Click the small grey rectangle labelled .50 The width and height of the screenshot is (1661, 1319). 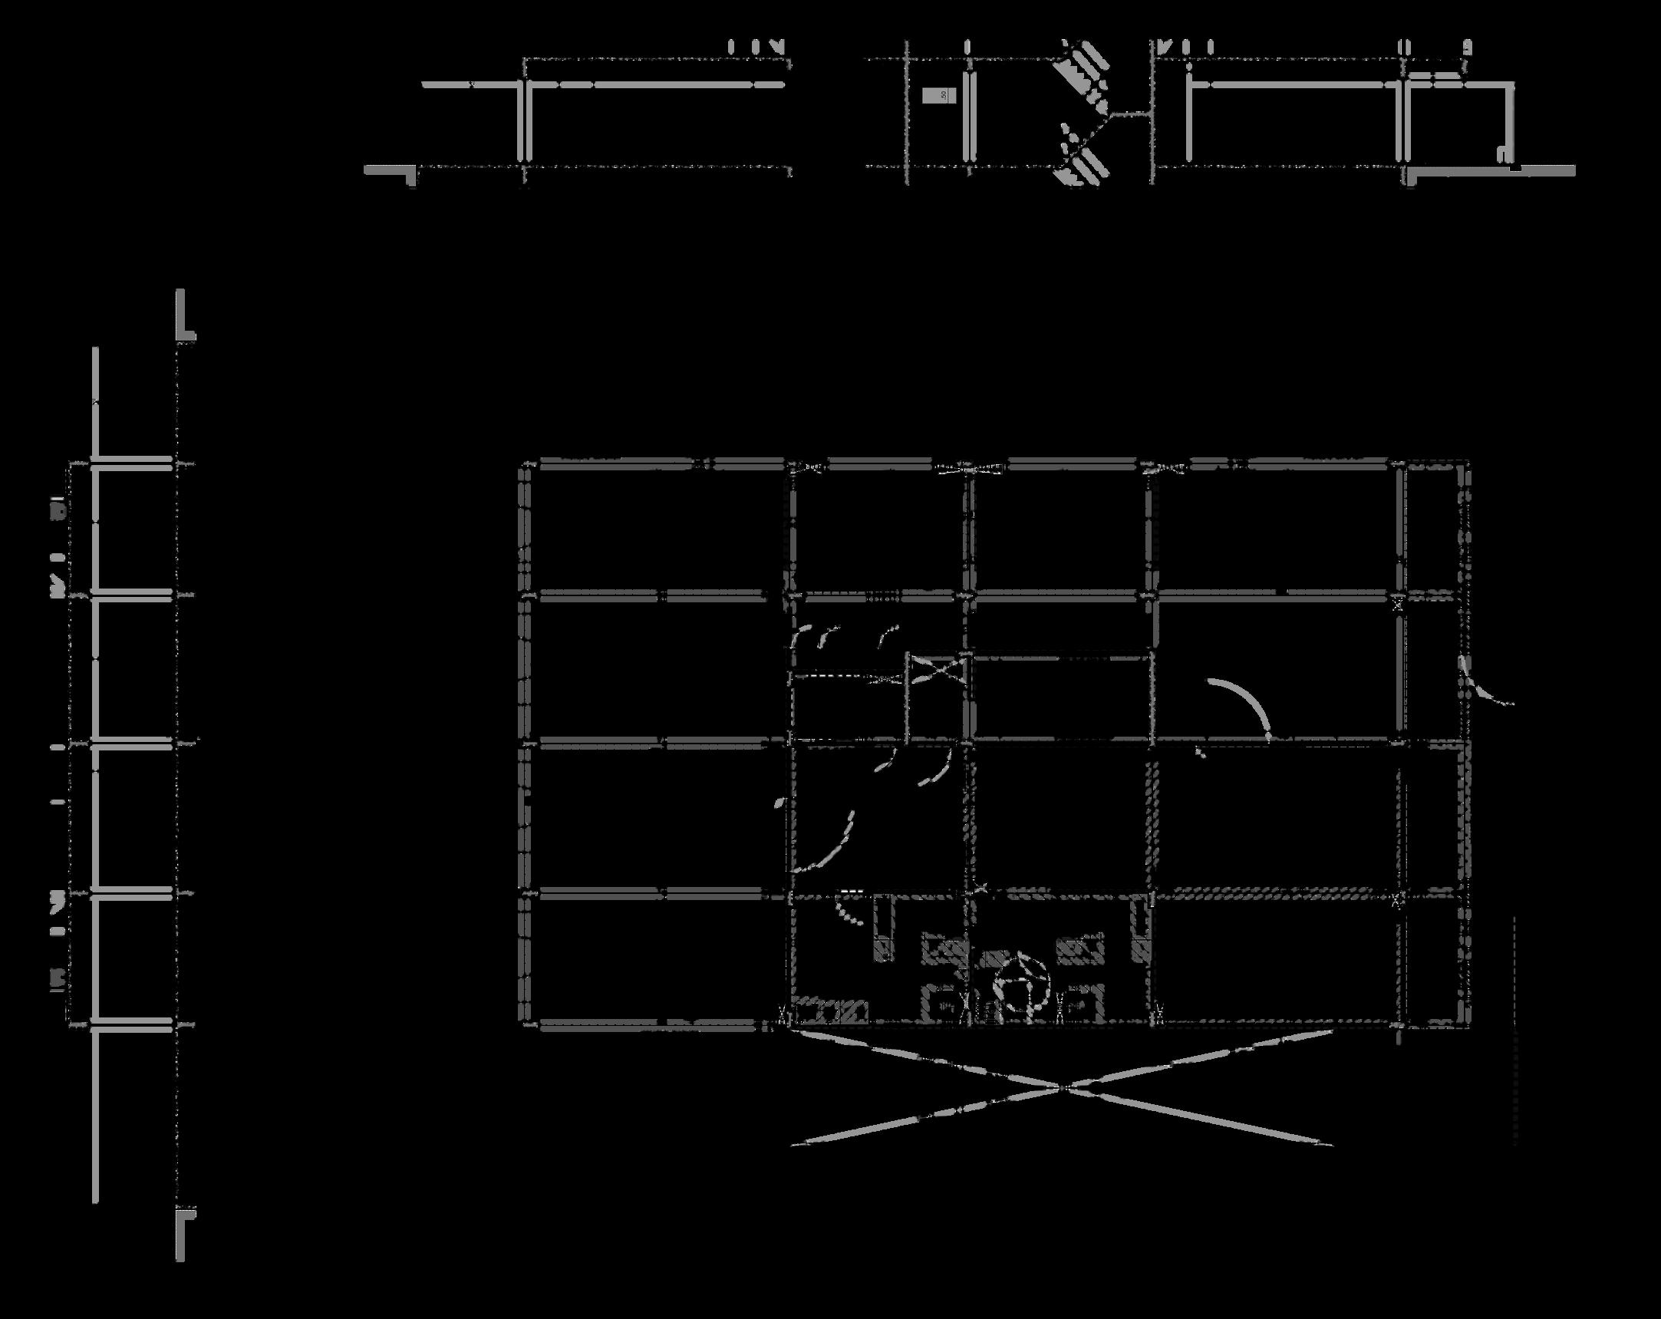[x=939, y=95]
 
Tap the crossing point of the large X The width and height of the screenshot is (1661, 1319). [x=1063, y=1087]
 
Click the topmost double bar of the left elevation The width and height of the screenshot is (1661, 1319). [x=133, y=463]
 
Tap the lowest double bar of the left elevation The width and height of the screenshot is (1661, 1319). [x=133, y=1024]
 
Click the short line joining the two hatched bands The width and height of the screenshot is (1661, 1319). [x=1132, y=115]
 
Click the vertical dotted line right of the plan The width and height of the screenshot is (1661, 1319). [x=1514, y=1032]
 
